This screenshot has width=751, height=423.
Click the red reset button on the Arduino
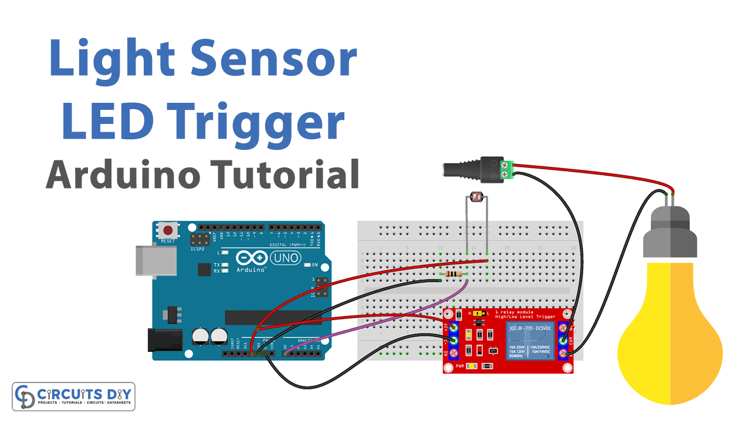(x=168, y=230)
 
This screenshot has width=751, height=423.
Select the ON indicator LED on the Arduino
(x=307, y=265)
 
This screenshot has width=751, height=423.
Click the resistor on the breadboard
(x=453, y=274)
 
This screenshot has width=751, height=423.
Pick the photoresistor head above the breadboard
(x=476, y=200)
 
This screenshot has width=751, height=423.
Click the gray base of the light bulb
(x=670, y=235)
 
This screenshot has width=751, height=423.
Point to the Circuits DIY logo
(x=74, y=397)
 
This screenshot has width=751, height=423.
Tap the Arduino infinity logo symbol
(x=252, y=258)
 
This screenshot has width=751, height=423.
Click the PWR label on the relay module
(x=461, y=366)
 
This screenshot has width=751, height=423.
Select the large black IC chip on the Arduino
(x=273, y=317)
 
